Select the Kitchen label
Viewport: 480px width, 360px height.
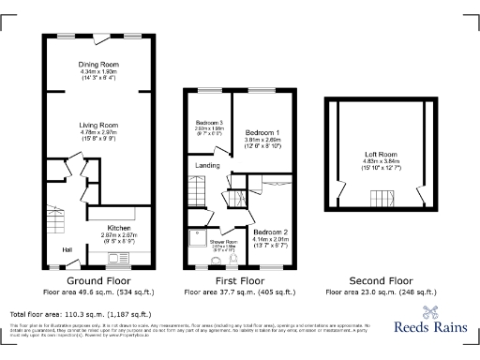point(118,228)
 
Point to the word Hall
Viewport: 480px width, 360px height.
point(67,249)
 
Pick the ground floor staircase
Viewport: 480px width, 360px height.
point(54,225)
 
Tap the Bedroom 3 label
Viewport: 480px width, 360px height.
point(208,123)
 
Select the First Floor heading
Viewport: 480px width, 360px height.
point(240,280)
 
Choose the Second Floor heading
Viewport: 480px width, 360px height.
point(381,280)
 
